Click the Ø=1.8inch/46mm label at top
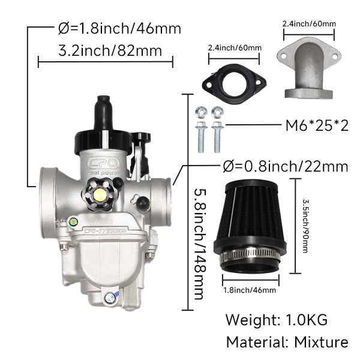click(x=119, y=28)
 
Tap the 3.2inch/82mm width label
click(x=110, y=50)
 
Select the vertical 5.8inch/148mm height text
click(x=199, y=244)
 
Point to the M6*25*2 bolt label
click(x=317, y=125)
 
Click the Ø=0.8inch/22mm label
click(x=286, y=166)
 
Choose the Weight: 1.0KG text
click(x=277, y=320)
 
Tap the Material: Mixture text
click(x=287, y=342)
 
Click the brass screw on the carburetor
click(x=100, y=194)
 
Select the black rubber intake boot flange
click(x=234, y=84)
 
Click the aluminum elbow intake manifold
click(x=309, y=68)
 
